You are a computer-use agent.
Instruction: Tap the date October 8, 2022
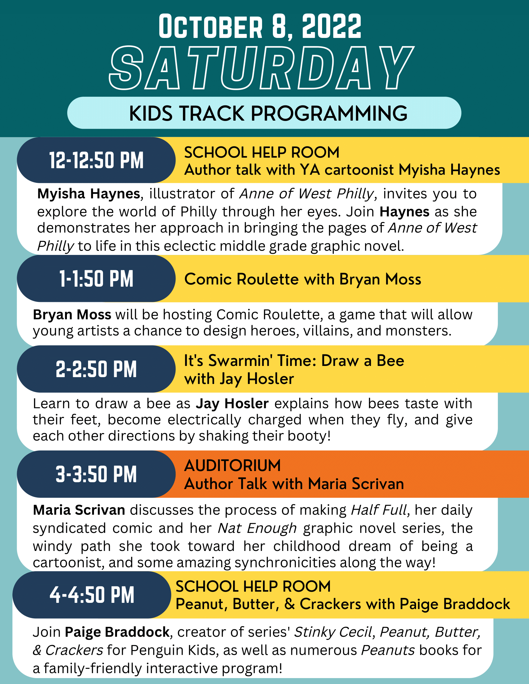pos(260,27)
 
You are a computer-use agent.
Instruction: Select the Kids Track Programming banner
pos(264,113)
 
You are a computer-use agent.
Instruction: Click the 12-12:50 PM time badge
pos(96,160)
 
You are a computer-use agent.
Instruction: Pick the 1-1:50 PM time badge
pos(96,279)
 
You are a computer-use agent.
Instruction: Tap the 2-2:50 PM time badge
pos(96,369)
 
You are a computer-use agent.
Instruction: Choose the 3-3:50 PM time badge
pos(96,474)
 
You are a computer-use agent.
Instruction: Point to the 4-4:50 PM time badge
pos(92,595)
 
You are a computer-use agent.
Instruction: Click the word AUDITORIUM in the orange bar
pos(232,465)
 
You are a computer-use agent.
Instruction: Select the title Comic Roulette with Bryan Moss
pos(302,279)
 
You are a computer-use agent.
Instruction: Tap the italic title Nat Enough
pos(257,528)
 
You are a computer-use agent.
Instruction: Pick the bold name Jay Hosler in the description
pos(232,404)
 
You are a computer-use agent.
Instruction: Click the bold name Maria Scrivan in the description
pos(79,510)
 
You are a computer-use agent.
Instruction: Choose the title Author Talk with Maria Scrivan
pos(294,484)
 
